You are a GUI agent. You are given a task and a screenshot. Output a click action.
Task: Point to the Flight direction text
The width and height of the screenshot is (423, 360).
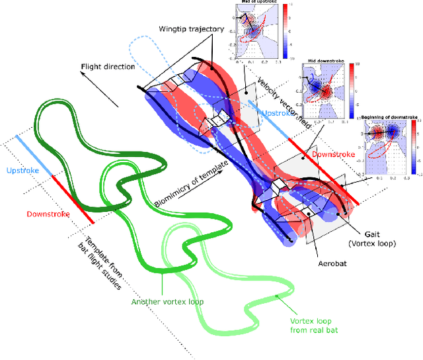pos(108,67)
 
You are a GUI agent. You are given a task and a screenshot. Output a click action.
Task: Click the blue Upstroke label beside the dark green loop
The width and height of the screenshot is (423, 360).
pos(24,171)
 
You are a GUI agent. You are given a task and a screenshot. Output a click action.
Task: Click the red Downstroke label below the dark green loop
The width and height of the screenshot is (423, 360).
pos(49,214)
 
